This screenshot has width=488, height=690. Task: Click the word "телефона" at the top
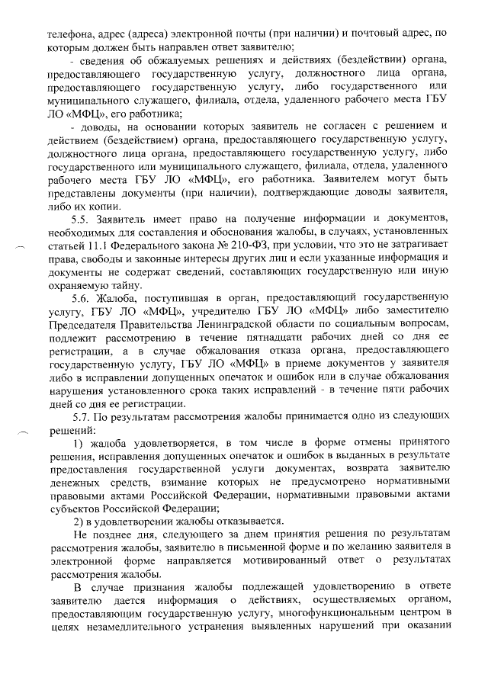69,34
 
